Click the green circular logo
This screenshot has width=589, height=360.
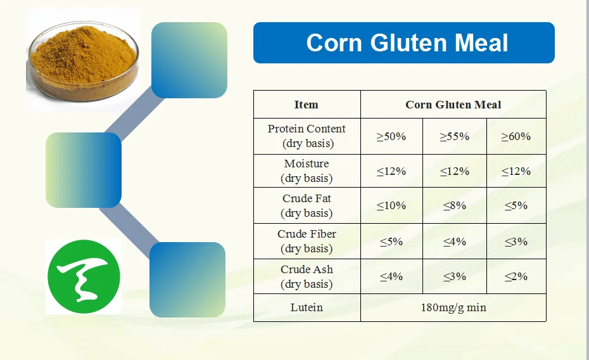click(83, 276)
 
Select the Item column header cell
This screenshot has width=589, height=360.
click(307, 105)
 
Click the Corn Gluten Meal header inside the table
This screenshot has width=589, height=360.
click(453, 105)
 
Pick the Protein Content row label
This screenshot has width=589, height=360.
click(307, 136)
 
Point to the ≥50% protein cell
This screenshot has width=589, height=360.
click(391, 136)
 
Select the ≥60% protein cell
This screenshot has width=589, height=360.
click(516, 136)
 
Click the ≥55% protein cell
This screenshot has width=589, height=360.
click(454, 136)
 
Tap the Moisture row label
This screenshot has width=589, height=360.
click(307, 171)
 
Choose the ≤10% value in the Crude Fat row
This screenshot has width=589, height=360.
click(391, 206)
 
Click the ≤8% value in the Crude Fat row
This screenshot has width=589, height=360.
click(454, 206)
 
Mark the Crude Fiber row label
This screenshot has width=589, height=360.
click(307, 241)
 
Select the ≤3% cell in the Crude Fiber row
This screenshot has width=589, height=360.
click(516, 241)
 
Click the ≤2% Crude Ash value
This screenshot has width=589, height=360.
click(516, 276)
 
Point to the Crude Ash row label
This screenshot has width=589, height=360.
click(307, 276)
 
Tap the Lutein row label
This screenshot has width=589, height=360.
click(307, 307)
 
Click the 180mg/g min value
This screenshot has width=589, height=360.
click(453, 308)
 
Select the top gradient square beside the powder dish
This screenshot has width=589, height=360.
click(189, 60)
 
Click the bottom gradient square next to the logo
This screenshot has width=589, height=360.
click(187, 280)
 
